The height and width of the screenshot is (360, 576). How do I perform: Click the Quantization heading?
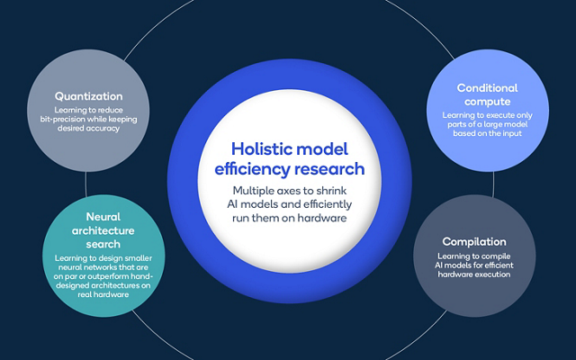88,96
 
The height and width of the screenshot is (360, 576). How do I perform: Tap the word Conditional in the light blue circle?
487,88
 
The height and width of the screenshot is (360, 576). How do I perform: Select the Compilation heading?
474,241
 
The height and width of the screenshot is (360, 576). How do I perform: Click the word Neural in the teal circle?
103,217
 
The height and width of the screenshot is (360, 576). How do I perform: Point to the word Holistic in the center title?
261,148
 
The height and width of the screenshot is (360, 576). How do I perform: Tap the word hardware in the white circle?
322,218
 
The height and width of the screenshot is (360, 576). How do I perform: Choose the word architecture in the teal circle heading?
103,230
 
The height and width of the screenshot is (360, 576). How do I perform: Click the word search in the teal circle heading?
103,244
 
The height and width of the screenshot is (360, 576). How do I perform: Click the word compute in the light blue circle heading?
488,102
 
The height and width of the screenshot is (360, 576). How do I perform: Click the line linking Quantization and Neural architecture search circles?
86,184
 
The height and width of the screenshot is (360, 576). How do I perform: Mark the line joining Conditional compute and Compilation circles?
493,184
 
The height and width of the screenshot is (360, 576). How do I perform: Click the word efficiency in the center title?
253,169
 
